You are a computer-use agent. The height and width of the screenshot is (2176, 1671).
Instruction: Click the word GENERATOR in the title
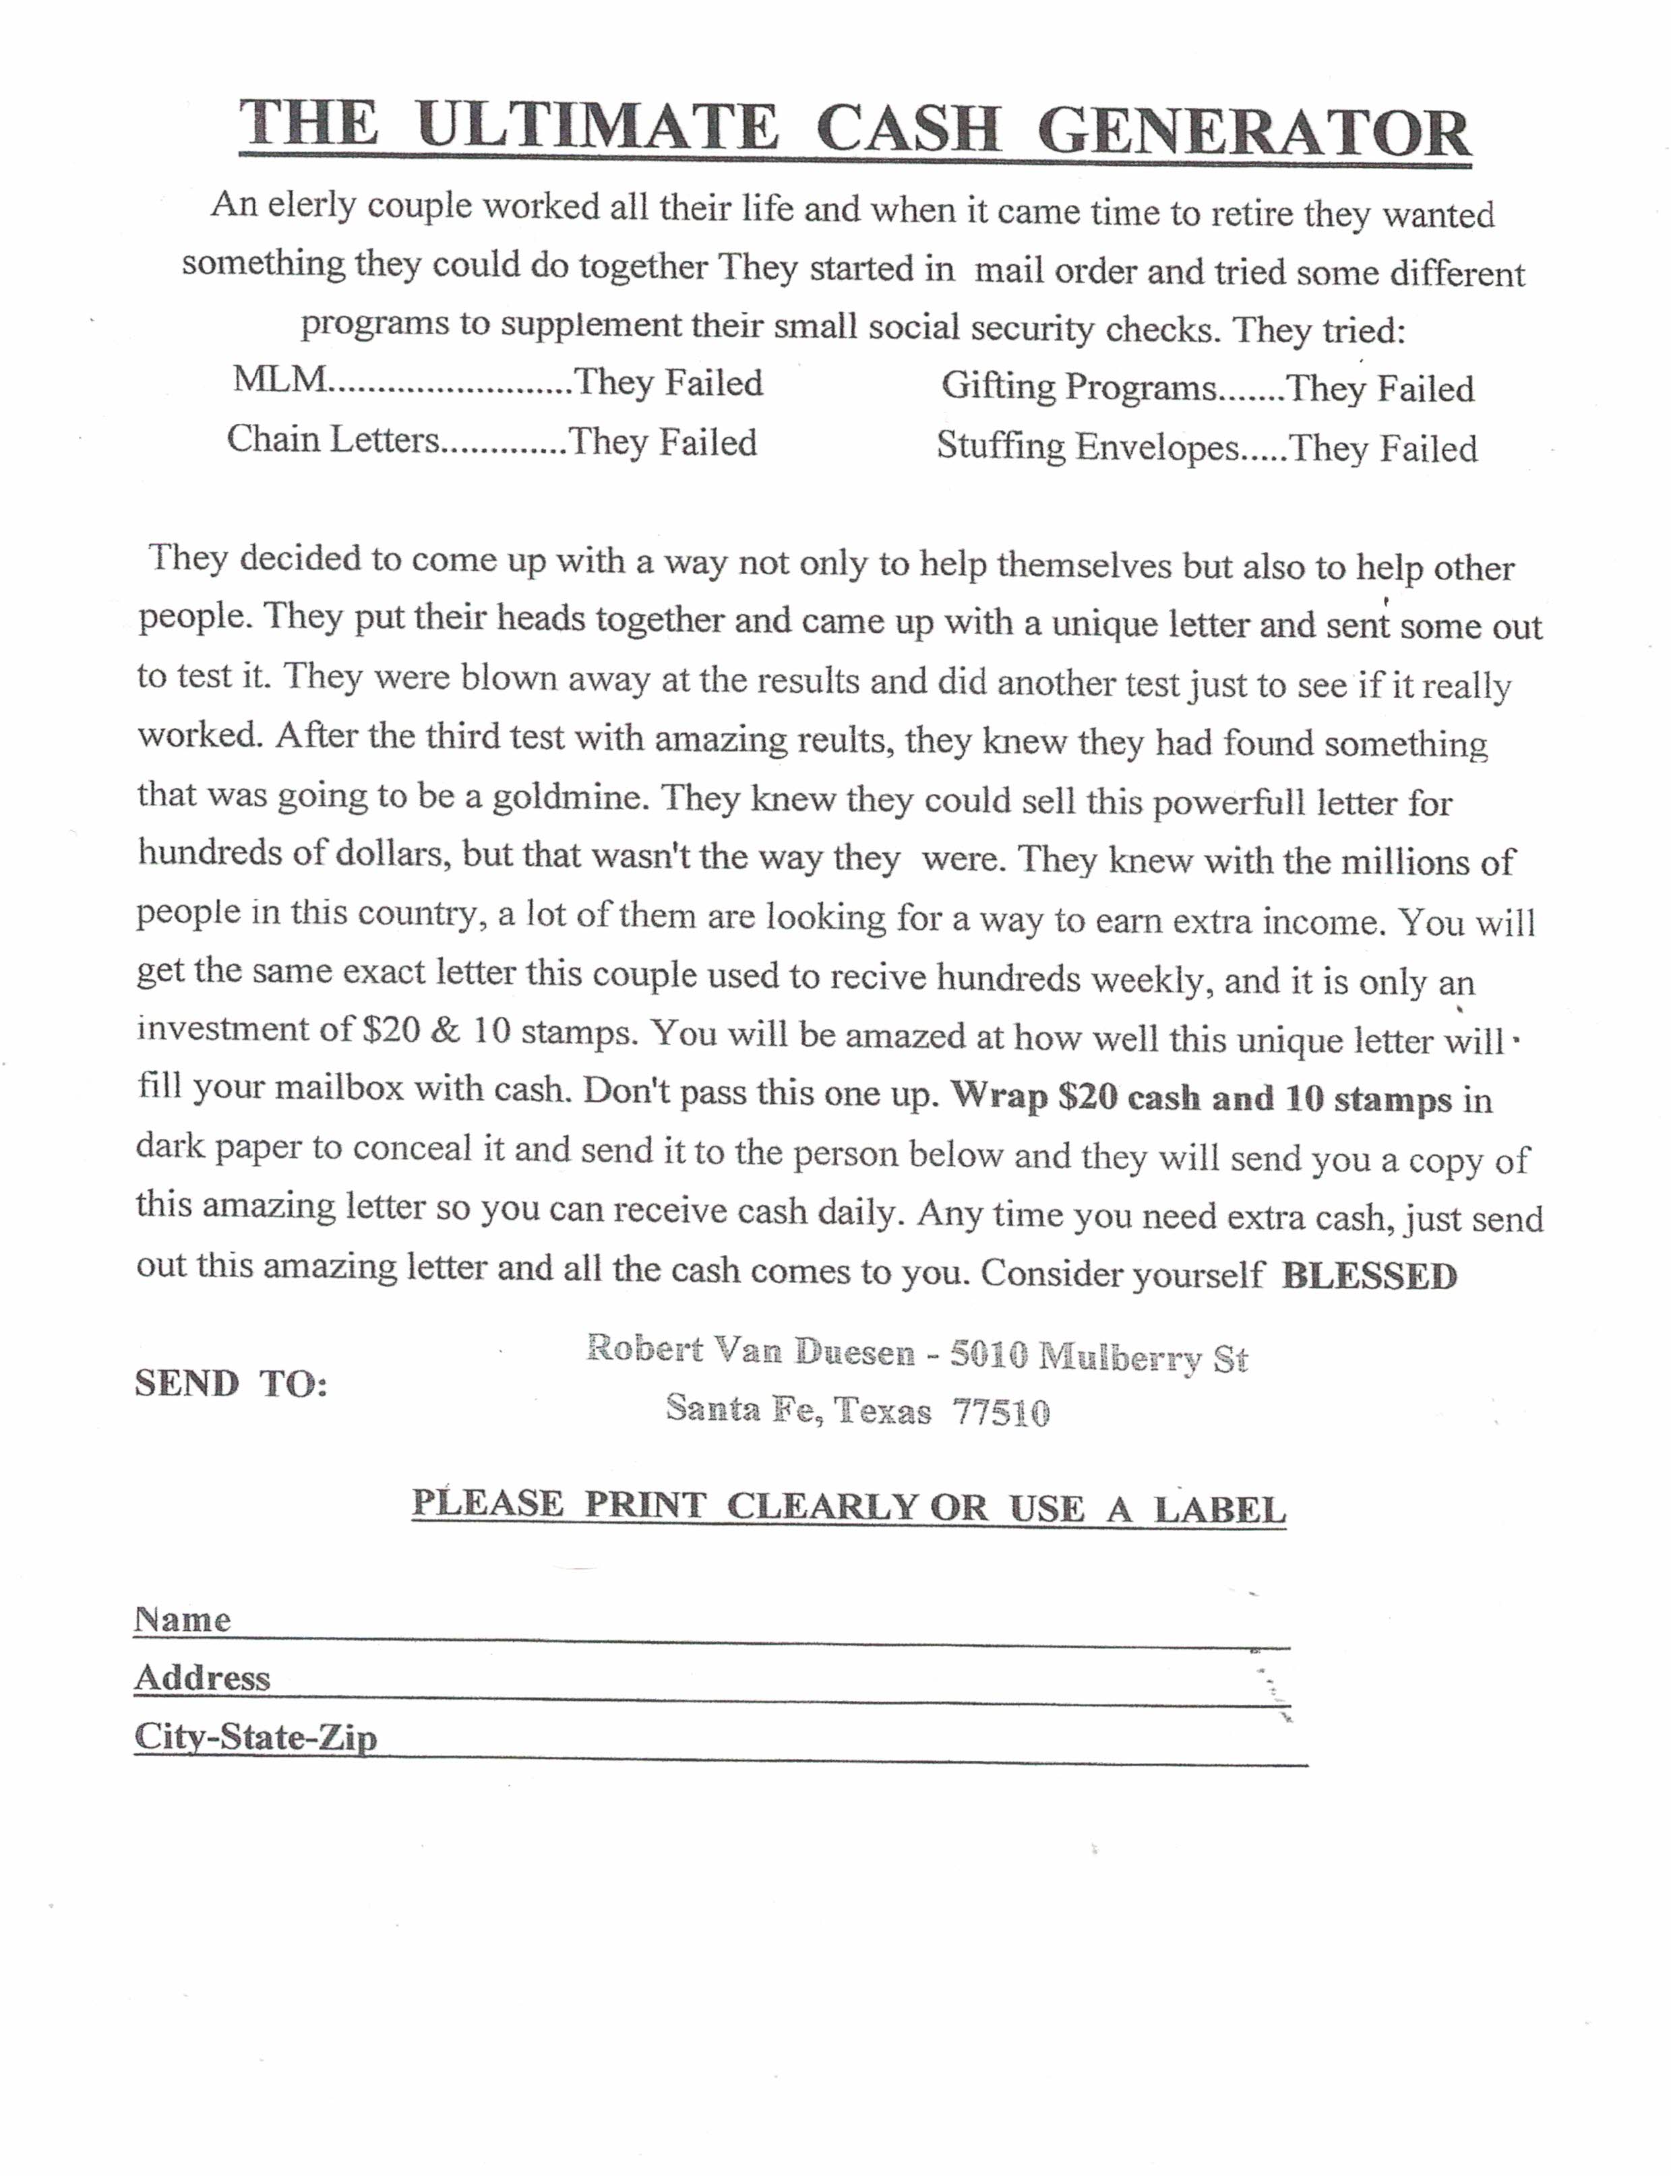(x=1253, y=130)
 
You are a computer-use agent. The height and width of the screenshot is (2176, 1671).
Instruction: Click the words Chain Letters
(x=332, y=439)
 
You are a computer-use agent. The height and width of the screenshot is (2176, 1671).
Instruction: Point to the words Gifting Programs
(x=1078, y=386)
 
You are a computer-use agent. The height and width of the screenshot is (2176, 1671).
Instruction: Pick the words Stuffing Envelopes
(x=1087, y=445)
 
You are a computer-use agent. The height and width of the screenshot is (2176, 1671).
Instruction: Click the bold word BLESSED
(x=1370, y=1276)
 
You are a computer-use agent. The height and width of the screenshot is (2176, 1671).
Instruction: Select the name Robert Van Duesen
(x=750, y=1350)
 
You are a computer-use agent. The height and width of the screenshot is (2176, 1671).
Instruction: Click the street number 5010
(x=989, y=1355)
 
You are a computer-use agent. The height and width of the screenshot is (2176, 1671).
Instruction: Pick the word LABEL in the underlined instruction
(x=1219, y=1510)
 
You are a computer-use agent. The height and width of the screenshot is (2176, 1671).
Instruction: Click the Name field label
(x=182, y=1620)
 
